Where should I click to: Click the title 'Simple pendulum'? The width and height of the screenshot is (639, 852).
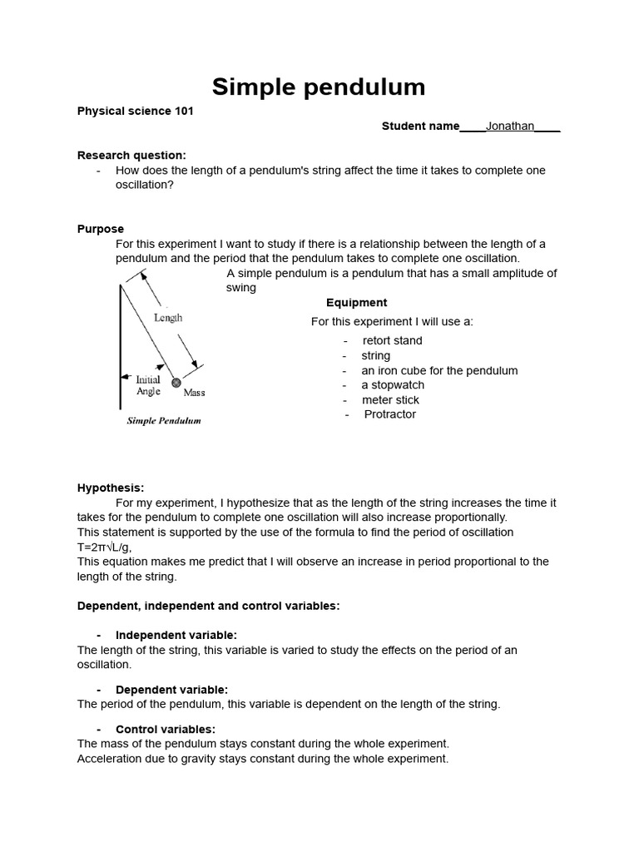coord(319,87)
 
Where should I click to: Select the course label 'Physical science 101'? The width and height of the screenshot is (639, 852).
coord(136,111)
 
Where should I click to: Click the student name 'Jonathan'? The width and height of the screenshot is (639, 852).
coord(510,126)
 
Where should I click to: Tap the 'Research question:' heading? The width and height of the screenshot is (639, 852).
coord(131,155)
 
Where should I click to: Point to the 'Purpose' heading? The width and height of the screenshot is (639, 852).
coord(101,229)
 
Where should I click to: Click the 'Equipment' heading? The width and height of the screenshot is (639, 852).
coord(356,303)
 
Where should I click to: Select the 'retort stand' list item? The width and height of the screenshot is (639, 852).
coord(392,340)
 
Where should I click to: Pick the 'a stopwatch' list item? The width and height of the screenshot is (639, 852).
coord(392,385)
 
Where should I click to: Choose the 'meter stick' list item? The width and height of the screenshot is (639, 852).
coord(390,400)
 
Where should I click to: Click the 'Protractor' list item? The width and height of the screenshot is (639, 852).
coord(389,414)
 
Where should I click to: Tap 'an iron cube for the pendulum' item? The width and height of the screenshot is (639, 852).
coord(439,370)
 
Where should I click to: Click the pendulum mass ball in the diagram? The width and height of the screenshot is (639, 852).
coord(176,383)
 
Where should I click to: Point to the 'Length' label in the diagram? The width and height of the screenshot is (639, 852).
coord(168,318)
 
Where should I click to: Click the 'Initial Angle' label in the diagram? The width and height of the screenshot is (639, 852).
coord(148,385)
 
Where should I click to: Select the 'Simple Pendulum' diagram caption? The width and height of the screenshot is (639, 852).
coord(164,421)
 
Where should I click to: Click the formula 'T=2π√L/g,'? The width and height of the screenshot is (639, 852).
coord(105,547)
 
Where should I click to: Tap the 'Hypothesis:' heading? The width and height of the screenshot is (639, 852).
coord(111,488)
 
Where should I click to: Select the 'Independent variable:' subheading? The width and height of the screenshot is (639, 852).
coord(176,635)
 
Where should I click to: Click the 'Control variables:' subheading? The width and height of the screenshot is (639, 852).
coord(165,729)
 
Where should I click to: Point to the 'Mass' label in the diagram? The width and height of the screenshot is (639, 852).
coord(194,393)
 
